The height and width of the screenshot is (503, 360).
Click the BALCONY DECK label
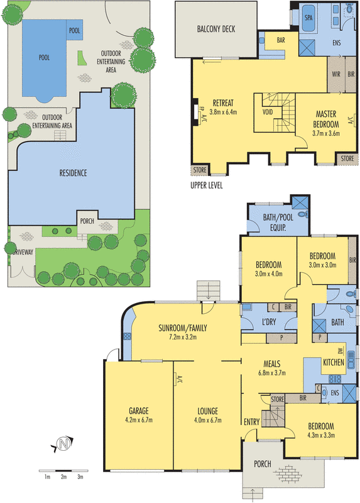point(215,29)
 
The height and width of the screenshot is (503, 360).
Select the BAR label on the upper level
point(280,40)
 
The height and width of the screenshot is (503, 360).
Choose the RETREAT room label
point(224,103)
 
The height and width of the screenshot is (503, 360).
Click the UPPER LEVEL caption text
point(206,185)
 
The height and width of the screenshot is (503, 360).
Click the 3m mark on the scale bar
point(80,478)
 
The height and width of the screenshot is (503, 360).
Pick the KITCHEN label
point(333,363)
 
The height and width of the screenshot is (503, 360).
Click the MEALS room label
point(271,363)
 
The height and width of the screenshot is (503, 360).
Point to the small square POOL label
point(75,30)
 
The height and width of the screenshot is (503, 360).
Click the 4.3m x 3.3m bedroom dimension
point(321,434)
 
